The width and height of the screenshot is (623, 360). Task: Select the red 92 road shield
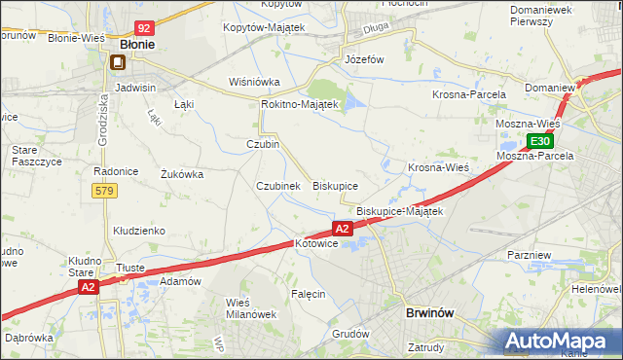point(144,29)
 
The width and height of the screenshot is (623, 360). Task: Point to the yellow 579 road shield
point(106,191)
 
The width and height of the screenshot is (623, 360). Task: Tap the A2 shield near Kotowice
point(343,229)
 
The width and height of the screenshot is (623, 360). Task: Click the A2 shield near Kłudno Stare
point(89,287)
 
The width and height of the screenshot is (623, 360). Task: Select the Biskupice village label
point(335,185)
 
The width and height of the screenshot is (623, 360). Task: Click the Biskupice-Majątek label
point(400,210)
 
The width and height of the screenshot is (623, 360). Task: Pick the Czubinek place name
point(277,185)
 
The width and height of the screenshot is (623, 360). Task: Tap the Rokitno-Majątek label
point(299,104)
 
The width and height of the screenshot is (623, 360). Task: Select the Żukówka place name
point(181,175)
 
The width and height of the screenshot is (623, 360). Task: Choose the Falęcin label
point(308,293)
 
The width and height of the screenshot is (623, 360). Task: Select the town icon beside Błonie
point(118,63)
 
